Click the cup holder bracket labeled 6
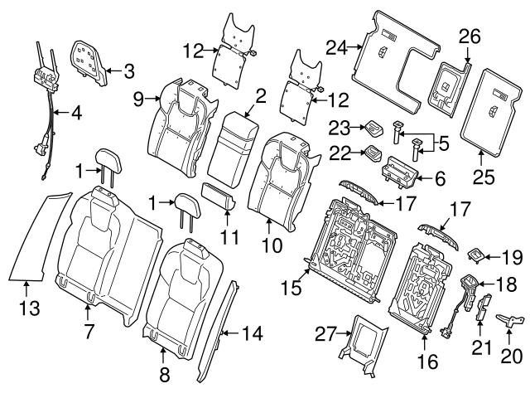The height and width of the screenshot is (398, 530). coord(399,173)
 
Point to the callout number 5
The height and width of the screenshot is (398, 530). coord(443,143)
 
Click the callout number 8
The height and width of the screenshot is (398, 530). coord(164,374)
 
